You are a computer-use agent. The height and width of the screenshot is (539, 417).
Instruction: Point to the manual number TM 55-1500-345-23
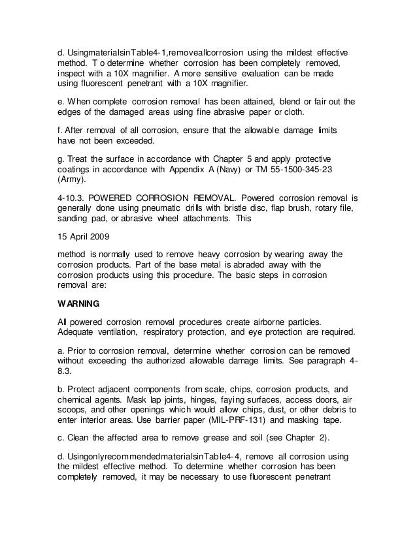[296, 170]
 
